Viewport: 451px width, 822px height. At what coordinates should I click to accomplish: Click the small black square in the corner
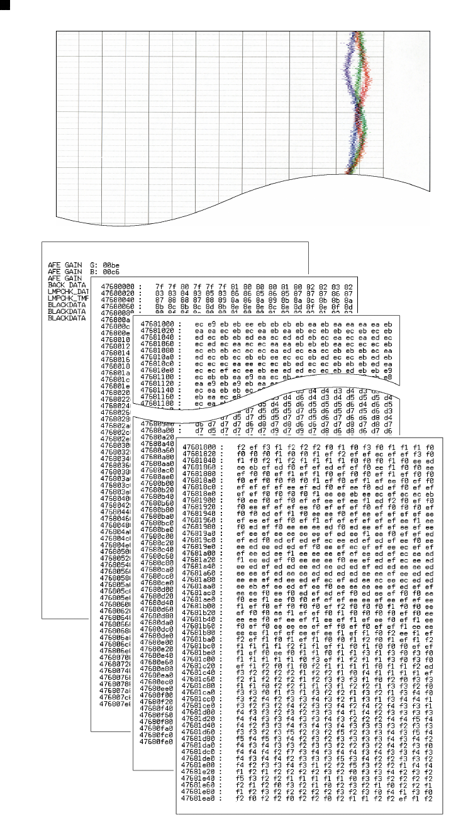pos(4,4)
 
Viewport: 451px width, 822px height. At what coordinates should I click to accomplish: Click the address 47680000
pos(116,286)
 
